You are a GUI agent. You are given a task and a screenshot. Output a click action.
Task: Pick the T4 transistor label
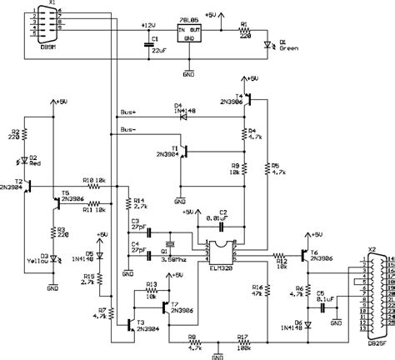pos(240,97)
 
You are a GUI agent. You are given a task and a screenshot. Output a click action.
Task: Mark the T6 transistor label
pos(313,252)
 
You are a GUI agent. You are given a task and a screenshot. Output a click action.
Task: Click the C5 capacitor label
pos(320,292)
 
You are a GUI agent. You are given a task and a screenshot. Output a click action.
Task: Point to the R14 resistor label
pos(139,202)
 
